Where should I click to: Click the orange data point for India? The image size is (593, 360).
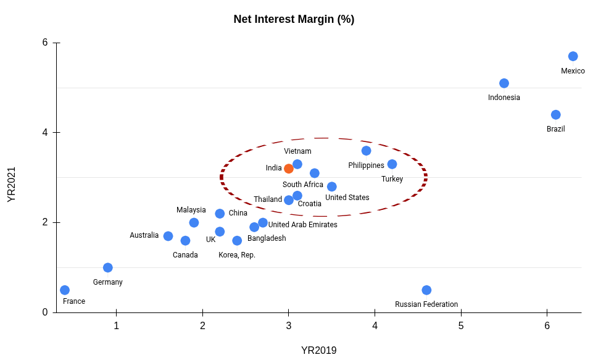(x=289, y=169)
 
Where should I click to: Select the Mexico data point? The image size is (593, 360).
(x=573, y=56)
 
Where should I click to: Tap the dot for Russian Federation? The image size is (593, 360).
(x=426, y=290)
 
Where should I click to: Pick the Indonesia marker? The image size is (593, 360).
(x=504, y=83)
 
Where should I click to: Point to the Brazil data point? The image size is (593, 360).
(x=555, y=115)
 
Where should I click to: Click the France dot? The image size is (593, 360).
(x=65, y=290)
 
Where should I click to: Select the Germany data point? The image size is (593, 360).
(x=108, y=267)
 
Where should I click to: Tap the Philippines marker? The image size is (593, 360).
(x=367, y=151)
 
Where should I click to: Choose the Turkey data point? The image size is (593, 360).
(x=392, y=164)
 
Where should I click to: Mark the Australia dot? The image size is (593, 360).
(x=168, y=236)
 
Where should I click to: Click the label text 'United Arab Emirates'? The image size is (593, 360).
(x=302, y=225)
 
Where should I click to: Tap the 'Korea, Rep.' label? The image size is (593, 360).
(x=237, y=255)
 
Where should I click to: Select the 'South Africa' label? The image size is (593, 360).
(x=303, y=185)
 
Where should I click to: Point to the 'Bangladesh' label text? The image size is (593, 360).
(x=267, y=238)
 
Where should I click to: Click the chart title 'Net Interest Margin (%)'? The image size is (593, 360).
(x=294, y=19)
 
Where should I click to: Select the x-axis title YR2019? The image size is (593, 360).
(x=319, y=351)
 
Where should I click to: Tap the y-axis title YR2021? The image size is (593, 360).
(x=12, y=184)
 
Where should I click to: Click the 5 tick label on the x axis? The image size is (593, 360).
(x=461, y=325)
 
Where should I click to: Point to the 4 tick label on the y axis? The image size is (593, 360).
(x=45, y=132)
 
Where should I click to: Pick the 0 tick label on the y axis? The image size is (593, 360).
(x=45, y=312)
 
